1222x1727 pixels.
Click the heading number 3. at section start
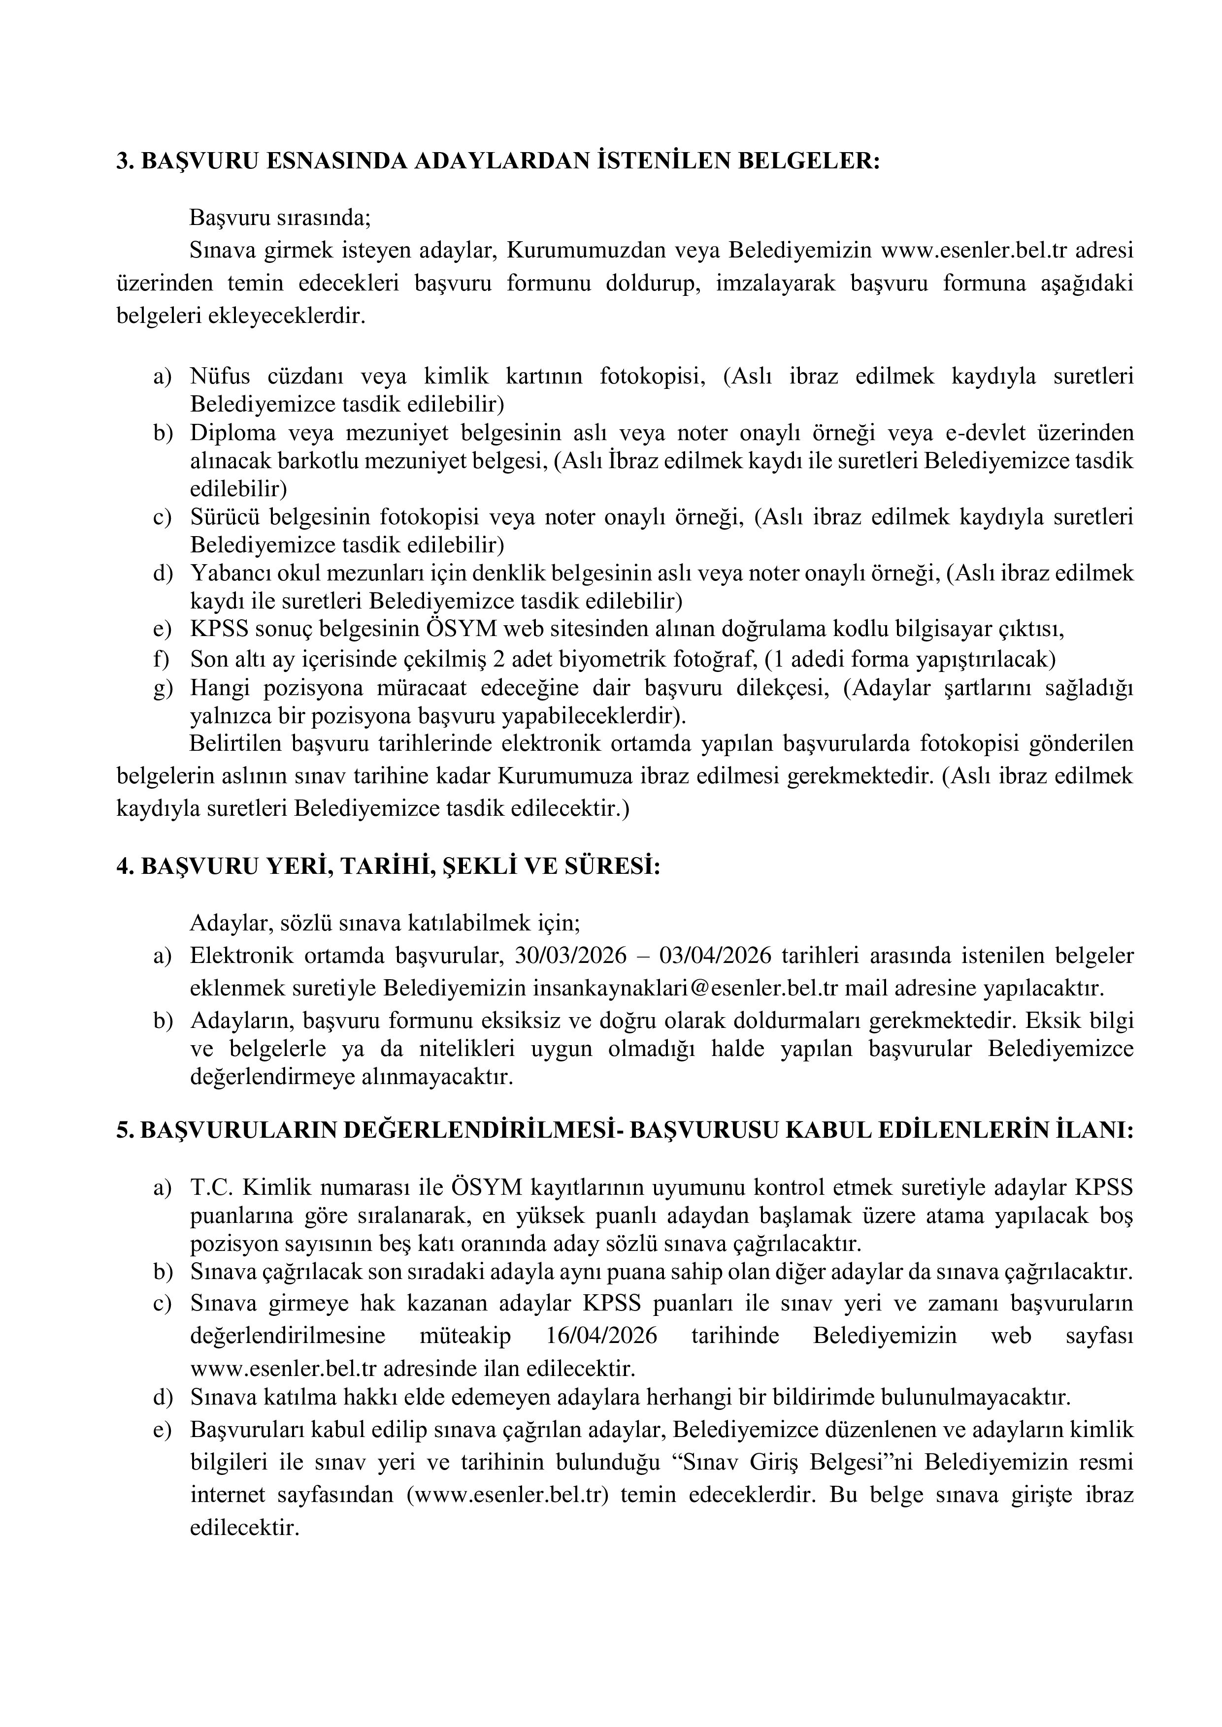pos(125,161)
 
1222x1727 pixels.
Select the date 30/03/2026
pos(571,955)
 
